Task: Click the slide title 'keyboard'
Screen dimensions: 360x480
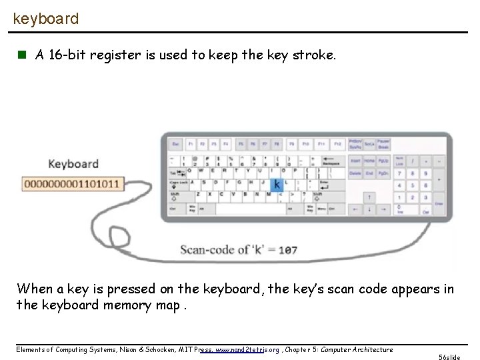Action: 45,19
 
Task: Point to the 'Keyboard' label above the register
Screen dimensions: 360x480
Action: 73,164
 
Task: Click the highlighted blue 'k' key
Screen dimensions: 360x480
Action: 276,183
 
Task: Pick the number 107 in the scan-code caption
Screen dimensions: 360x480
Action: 287,251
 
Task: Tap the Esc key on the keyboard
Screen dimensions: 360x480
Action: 175,144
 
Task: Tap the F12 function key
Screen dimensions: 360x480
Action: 337,144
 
